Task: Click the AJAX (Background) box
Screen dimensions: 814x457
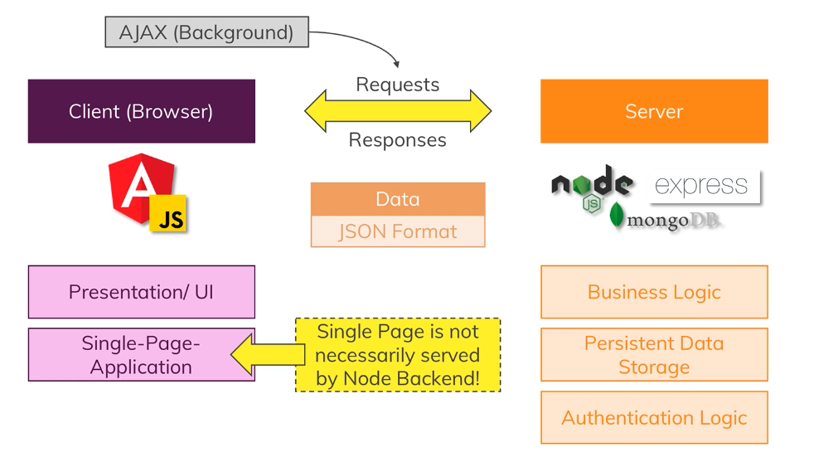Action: tap(206, 32)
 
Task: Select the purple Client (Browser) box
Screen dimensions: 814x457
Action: tap(142, 111)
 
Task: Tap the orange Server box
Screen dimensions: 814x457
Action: tap(654, 111)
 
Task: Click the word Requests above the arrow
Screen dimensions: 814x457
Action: tap(398, 85)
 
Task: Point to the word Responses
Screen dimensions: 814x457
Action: tap(398, 140)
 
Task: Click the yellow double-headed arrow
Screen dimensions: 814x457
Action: tap(398, 110)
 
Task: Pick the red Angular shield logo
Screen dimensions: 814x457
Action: tap(141, 188)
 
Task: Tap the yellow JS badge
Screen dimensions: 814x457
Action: tap(168, 213)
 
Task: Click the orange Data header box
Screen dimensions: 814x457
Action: tap(398, 199)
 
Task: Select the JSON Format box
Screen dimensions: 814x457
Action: tap(398, 231)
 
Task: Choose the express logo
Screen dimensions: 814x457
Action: tap(705, 186)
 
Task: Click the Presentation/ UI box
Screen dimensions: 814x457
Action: tap(142, 292)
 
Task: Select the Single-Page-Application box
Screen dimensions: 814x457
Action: tap(142, 355)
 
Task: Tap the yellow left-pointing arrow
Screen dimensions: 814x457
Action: tap(268, 355)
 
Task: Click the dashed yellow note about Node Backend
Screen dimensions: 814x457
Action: tap(398, 355)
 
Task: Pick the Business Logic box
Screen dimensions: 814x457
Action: tap(654, 292)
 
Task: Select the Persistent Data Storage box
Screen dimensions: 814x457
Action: tap(654, 355)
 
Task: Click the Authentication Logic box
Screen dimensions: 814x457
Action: tap(654, 417)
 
